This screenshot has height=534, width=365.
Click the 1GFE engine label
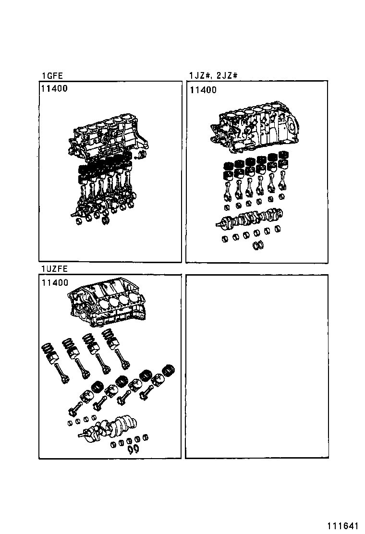52,75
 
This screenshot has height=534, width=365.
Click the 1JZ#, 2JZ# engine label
214,75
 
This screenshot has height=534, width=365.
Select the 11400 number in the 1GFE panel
54,89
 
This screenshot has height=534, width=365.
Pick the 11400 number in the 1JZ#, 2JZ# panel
203,90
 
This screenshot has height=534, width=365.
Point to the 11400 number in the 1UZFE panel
54,283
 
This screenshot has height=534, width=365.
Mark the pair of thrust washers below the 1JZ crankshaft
257,245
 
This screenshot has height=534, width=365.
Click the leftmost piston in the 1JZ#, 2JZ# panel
229,170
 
